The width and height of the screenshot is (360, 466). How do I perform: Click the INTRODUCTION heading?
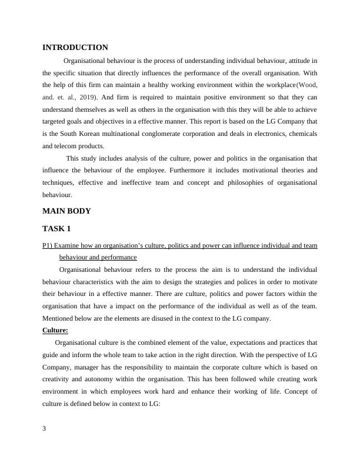click(x=75, y=48)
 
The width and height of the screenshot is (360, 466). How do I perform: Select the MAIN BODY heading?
click(x=66, y=211)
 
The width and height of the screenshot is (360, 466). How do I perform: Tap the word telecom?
click(x=64, y=147)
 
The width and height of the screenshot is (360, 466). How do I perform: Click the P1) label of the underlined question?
click(x=49, y=245)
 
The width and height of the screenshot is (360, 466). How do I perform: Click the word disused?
click(x=169, y=318)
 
